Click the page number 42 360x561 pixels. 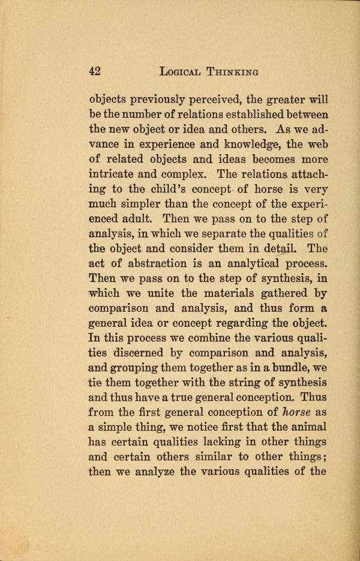94,71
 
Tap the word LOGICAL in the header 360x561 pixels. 183,71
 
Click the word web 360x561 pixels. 314,146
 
